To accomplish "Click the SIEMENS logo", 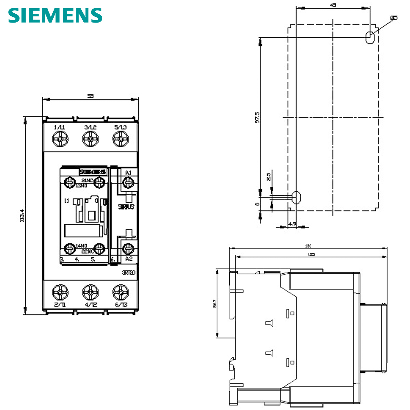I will click(x=55, y=15).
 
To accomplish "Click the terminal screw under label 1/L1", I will click(x=60, y=139).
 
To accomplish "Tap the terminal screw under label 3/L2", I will click(x=91, y=139).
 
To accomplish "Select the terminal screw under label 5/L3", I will click(x=121, y=139).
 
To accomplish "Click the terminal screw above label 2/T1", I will click(x=60, y=292).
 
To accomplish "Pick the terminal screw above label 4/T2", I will click(x=91, y=292).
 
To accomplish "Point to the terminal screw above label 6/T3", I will click(x=121, y=292).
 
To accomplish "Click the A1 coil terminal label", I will click(x=128, y=173).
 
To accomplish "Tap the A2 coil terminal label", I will click(x=128, y=259).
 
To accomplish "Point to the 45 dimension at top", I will click(x=333, y=5).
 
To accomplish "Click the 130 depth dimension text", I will click(x=308, y=246).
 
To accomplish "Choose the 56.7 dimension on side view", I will click(x=214, y=303).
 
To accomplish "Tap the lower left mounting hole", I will click(x=296, y=197).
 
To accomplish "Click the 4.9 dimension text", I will click(x=292, y=224).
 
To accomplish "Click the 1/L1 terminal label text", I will click(x=59, y=127).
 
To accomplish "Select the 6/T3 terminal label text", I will click(x=121, y=304).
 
